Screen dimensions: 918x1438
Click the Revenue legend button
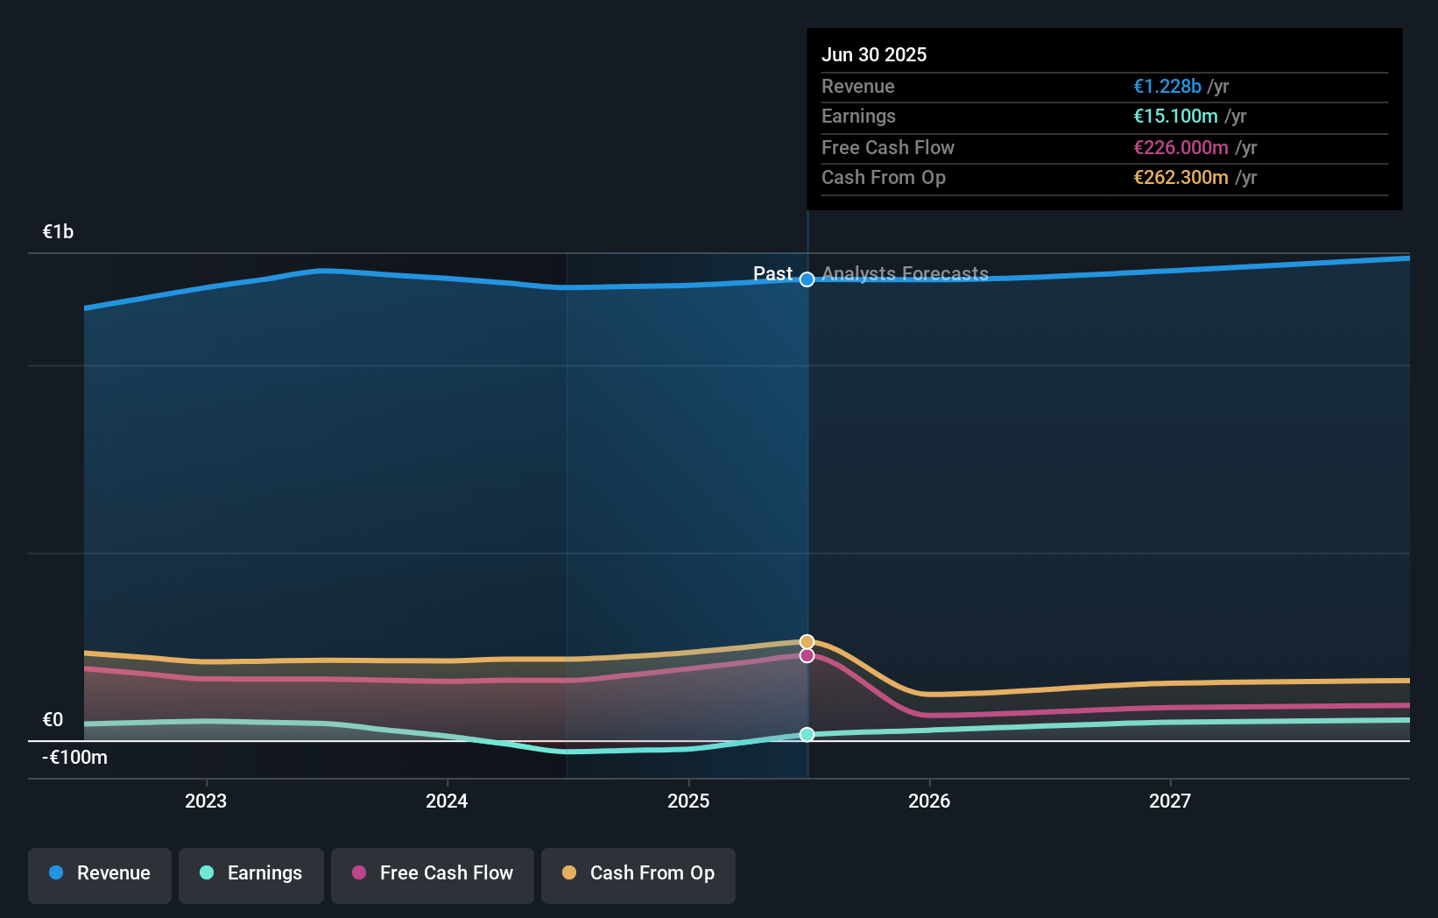coord(100,873)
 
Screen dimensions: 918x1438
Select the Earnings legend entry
coord(251,873)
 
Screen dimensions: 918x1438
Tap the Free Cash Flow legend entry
coord(433,873)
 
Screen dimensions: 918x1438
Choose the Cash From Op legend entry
coord(638,873)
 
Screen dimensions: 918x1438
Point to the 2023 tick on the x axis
coord(206,801)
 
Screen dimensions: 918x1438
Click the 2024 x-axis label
coord(447,801)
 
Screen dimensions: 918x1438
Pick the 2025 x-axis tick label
coord(688,801)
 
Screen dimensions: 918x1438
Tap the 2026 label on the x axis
coord(929,801)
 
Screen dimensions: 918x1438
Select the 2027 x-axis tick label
coord(1170,801)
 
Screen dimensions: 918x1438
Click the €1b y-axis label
coord(58,232)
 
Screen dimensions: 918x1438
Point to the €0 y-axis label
coord(53,720)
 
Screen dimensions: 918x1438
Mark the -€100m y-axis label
coord(74,758)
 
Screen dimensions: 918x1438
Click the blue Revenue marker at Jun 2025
coord(807,279)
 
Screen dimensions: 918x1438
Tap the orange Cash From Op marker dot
coord(807,642)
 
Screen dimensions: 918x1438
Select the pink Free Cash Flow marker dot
coord(807,655)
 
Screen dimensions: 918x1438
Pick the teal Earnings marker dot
coord(807,734)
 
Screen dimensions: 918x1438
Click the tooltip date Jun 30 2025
coord(874,54)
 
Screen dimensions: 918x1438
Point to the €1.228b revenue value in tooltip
coord(1167,86)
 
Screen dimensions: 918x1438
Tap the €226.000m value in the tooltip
coord(1181,147)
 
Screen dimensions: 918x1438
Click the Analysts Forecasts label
coord(905,273)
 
